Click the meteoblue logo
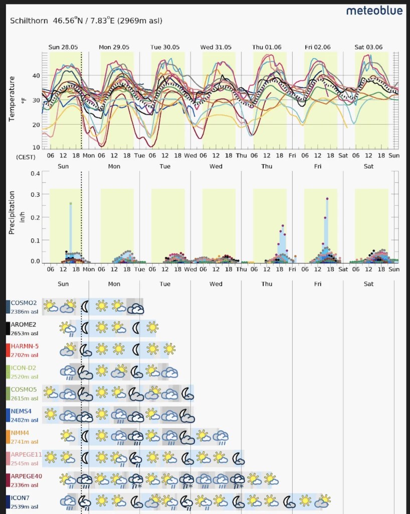click(374, 11)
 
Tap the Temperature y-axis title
click(12, 99)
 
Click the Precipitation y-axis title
click(12, 212)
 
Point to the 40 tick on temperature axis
click(36, 76)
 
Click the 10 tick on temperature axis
click(36, 148)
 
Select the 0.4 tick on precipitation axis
click(35, 174)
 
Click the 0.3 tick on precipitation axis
click(35, 195)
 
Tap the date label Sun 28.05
click(63, 47)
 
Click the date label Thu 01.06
click(267, 47)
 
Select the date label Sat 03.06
click(368, 47)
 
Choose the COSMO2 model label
click(24, 303)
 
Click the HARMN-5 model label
click(25, 346)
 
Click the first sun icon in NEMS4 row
click(51, 414)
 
